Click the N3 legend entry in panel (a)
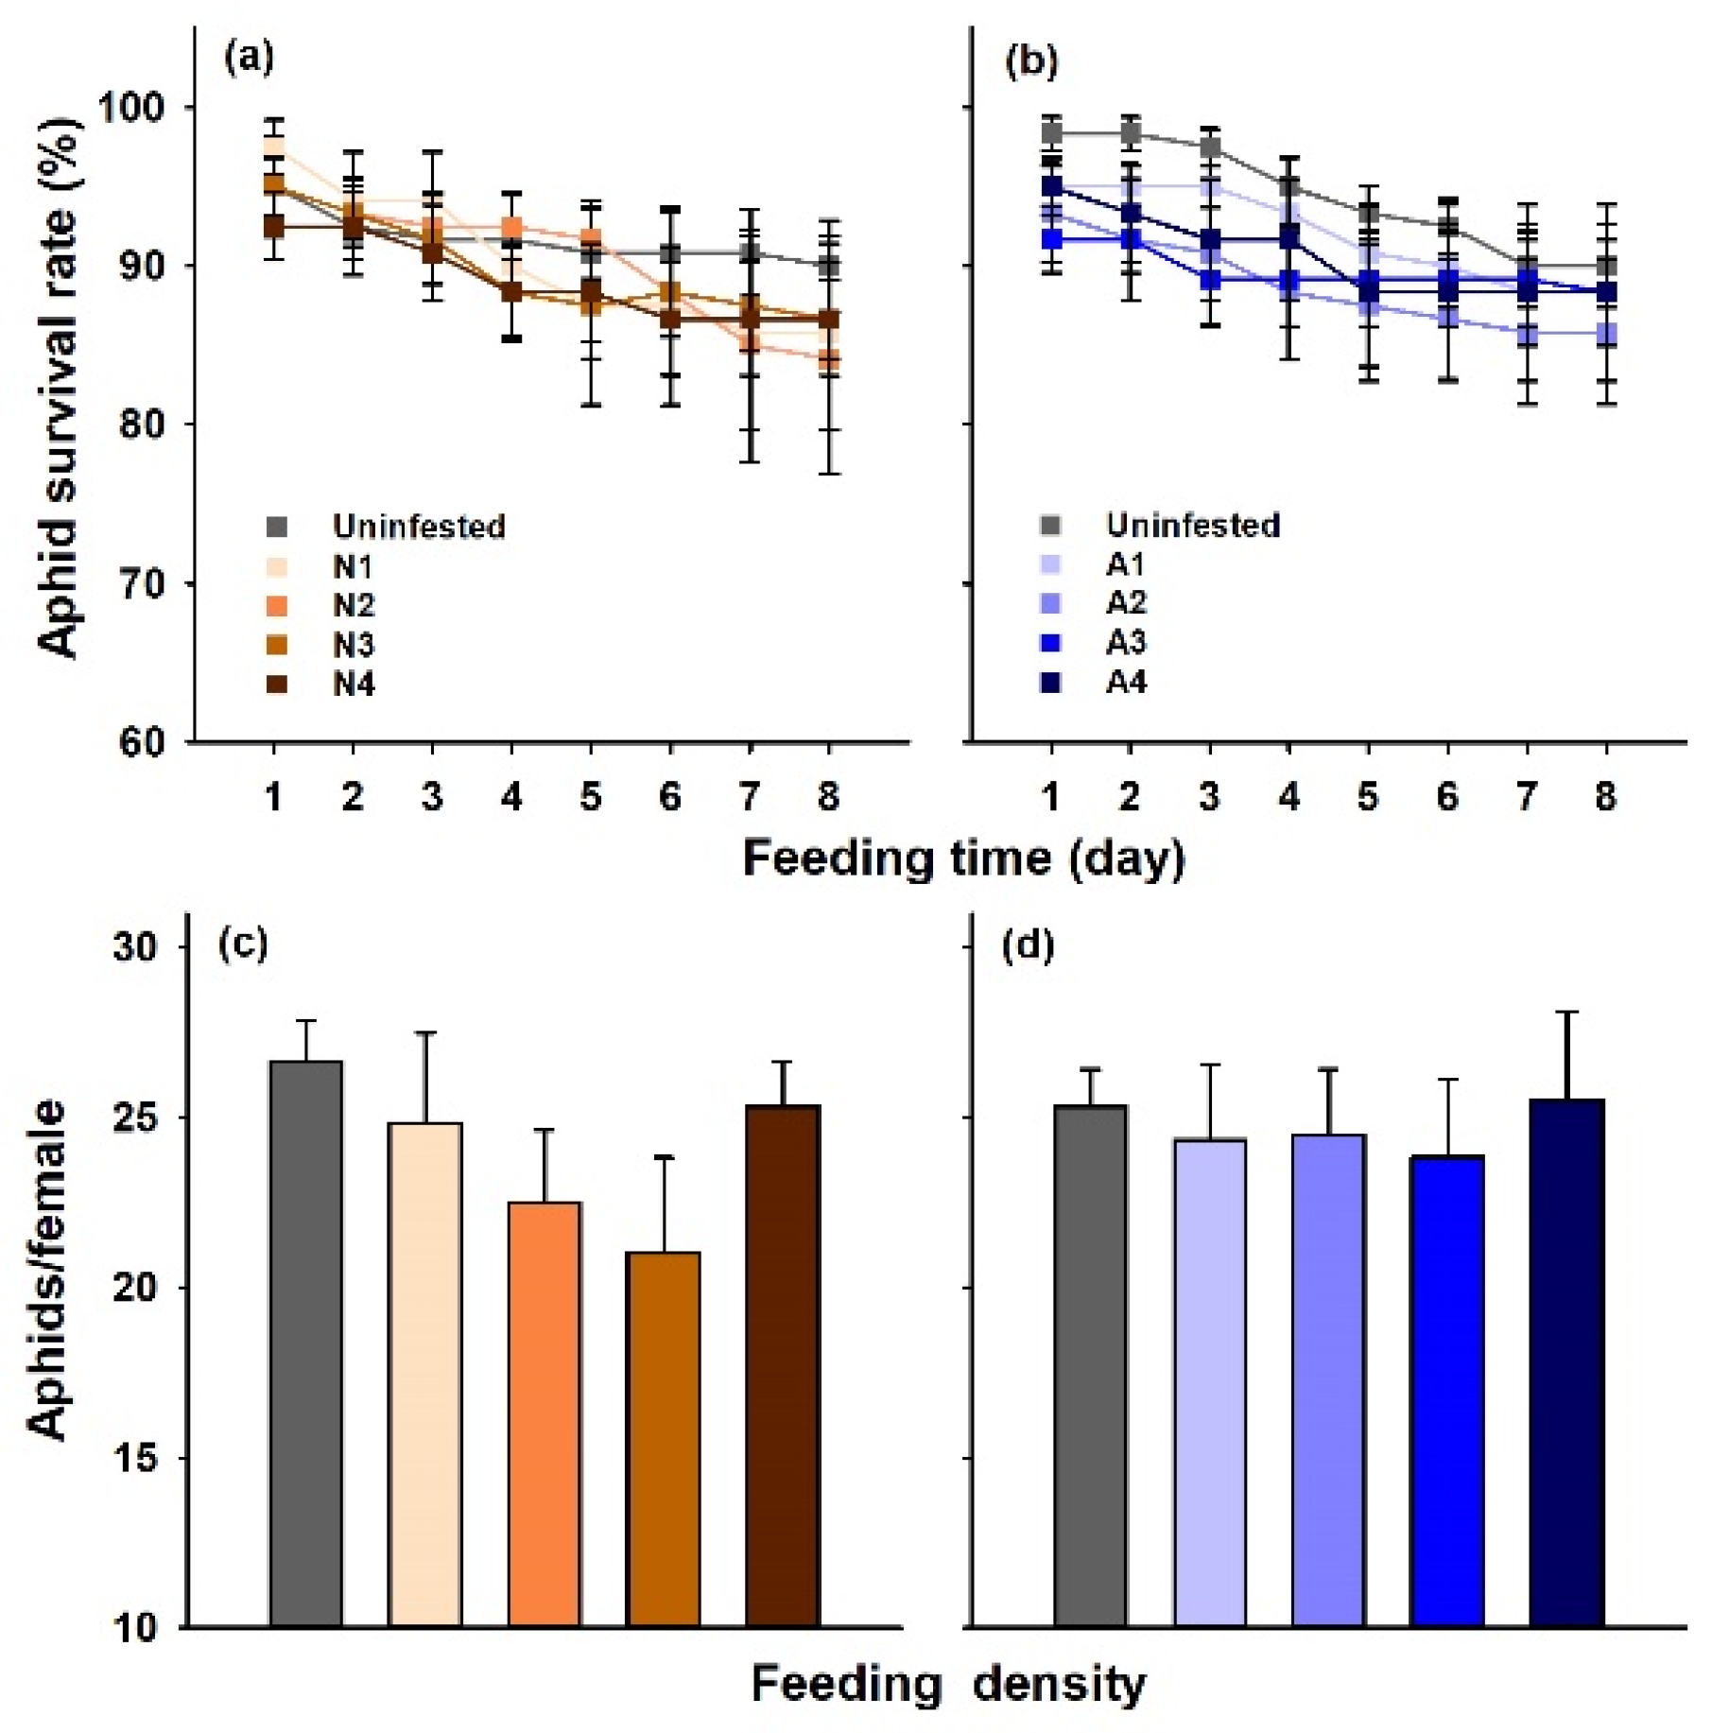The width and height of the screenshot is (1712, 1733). pos(353,645)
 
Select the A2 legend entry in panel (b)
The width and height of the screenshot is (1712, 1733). pos(1125,602)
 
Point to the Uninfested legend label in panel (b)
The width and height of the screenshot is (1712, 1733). pos(1193,525)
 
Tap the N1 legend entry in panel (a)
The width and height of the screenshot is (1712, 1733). pos(353,566)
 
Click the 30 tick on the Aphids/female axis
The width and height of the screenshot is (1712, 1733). pos(135,946)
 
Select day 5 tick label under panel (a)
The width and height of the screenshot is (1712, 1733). pos(591,797)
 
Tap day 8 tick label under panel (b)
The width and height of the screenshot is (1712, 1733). pos(1605,797)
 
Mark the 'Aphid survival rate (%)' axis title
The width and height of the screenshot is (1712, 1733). pos(59,388)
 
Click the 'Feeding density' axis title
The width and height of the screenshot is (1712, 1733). pos(947,1684)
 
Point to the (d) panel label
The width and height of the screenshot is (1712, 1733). pos(1029,945)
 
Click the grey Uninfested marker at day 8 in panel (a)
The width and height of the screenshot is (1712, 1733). pos(829,266)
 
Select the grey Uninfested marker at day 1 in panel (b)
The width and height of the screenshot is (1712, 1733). pos(1051,132)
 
